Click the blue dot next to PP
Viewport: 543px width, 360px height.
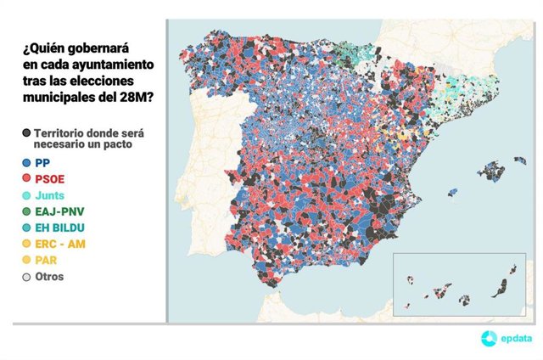tap(27, 162)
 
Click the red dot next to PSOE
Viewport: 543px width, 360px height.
tap(27, 179)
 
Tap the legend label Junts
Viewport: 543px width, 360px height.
tap(50, 195)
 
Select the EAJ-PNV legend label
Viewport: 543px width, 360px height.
tap(60, 211)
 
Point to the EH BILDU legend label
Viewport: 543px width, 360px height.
tap(62, 228)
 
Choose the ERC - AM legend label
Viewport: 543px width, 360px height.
tap(59, 245)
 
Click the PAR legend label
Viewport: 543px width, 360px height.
tap(47, 261)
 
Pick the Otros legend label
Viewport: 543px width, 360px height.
tap(49, 277)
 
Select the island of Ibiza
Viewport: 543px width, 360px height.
tap(452, 192)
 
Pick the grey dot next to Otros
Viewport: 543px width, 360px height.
tap(27, 277)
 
